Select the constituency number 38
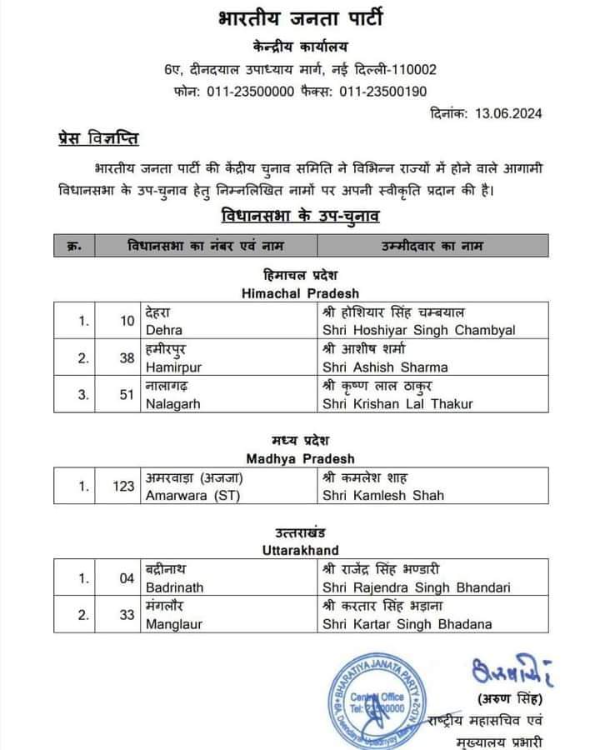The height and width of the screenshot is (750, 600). [127, 357]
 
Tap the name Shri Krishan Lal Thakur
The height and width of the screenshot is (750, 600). [397, 404]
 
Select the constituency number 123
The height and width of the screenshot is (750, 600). [123, 487]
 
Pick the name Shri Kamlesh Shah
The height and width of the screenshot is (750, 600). [382, 495]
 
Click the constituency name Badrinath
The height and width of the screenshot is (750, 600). [174, 587]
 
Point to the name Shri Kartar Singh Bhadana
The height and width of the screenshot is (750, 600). [407, 624]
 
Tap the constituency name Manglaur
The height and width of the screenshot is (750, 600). [172, 624]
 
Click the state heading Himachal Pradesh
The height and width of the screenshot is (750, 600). [300, 293]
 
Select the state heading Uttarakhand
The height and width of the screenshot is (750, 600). [300, 551]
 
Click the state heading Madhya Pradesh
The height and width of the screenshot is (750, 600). [300, 458]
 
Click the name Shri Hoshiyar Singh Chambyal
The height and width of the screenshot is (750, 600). [418, 330]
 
